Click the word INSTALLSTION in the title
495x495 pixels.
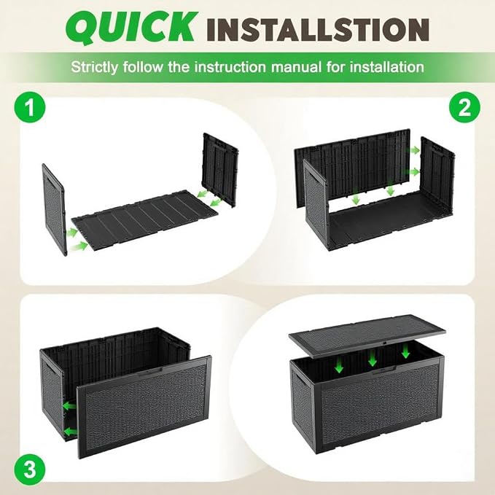pos(319,30)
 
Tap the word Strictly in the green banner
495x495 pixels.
pos(94,68)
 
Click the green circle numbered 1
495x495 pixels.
pos(30,107)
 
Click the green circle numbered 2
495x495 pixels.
pos(464,107)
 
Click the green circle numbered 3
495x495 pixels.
pos(30,469)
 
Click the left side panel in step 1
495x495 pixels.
pos(54,210)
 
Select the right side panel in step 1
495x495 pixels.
pos(220,170)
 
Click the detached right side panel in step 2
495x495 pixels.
pos(437,174)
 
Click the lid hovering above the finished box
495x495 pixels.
pos(367,335)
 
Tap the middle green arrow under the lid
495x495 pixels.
pos(373,358)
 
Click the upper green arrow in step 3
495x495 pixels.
pos(69,405)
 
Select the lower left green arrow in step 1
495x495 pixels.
pos(79,246)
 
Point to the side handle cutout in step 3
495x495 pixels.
pos(47,365)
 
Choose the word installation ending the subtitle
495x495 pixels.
pos(385,67)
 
